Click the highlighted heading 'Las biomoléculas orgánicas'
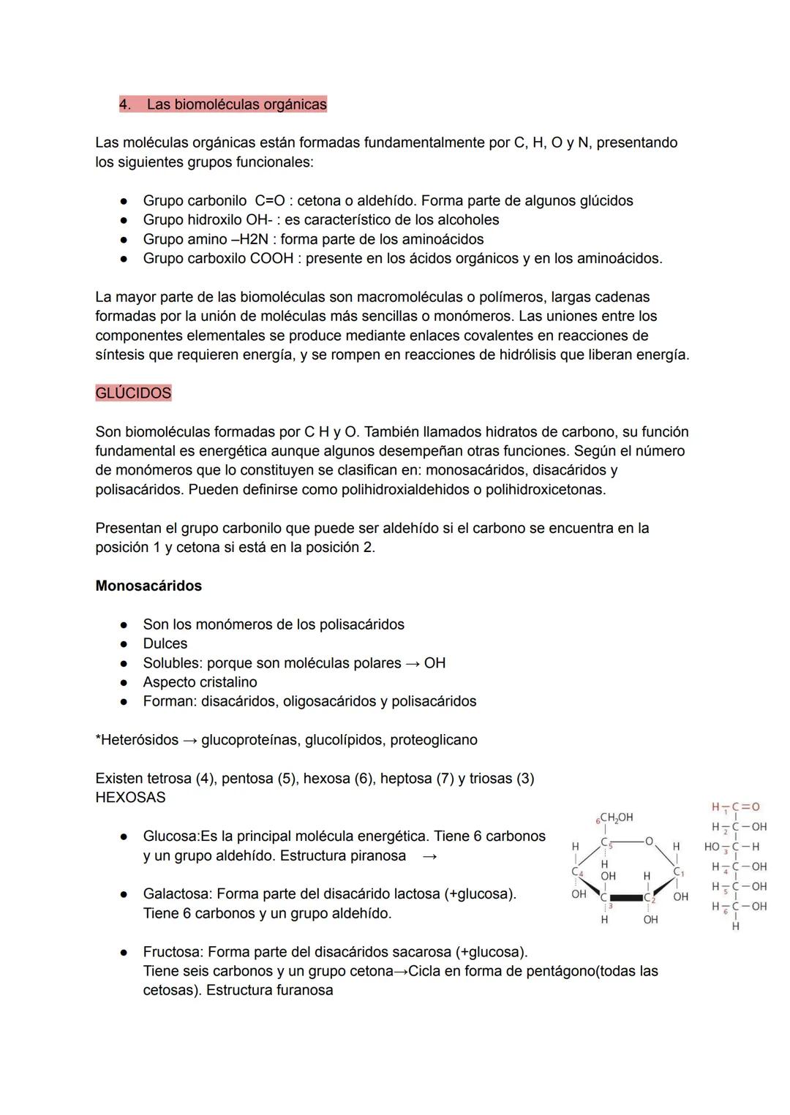(x=236, y=105)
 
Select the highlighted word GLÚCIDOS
(x=133, y=393)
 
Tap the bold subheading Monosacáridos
(x=148, y=586)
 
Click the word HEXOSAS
(x=130, y=798)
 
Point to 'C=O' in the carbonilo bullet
(x=269, y=201)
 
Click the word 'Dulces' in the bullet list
(x=165, y=643)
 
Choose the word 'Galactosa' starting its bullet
(x=176, y=894)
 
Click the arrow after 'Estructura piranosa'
(x=429, y=856)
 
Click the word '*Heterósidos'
(x=137, y=740)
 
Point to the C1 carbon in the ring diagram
(x=678, y=872)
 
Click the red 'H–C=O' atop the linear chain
(x=735, y=807)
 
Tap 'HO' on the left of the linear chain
(x=712, y=847)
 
